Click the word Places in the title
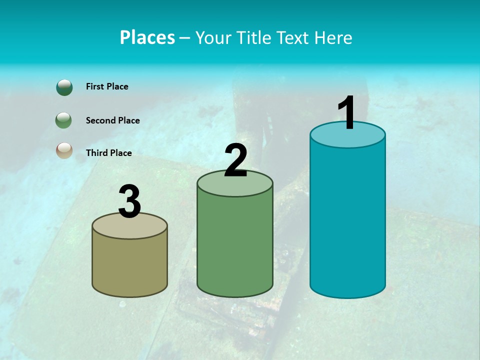[x=147, y=37]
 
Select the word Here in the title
[x=333, y=37]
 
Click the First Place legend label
[x=107, y=86]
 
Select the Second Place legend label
[x=112, y=120]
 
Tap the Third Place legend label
[x=108, y=153]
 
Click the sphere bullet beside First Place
[x=64, y=87]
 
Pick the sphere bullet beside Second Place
[x=64, y=120]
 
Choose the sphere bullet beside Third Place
[x=64, y=150]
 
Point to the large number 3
[x=130, y=201]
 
